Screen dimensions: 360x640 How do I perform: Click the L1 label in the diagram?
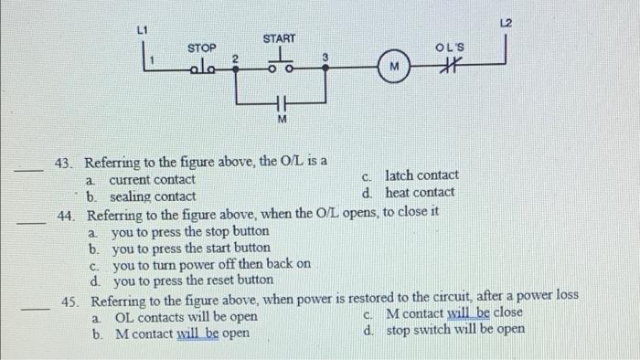[x=142, y=31]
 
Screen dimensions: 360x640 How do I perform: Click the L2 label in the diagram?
[x=507, y=21]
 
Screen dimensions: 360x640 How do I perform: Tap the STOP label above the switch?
[x=201, y=48]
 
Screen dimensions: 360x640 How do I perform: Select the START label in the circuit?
[x=279, y=38]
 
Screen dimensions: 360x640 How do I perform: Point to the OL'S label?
[x=450, y=48]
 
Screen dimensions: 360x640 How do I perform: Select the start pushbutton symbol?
[x=279, y=62]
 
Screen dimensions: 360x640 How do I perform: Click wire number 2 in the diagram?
[x=234, y=58]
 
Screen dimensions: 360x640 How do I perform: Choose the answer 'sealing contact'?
[x=152, y=196]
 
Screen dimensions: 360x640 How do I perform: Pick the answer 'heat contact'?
[x=420, y=192]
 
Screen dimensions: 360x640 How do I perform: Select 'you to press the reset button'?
[x=192, y=281]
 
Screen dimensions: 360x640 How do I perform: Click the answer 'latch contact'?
[x=421, y=175]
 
